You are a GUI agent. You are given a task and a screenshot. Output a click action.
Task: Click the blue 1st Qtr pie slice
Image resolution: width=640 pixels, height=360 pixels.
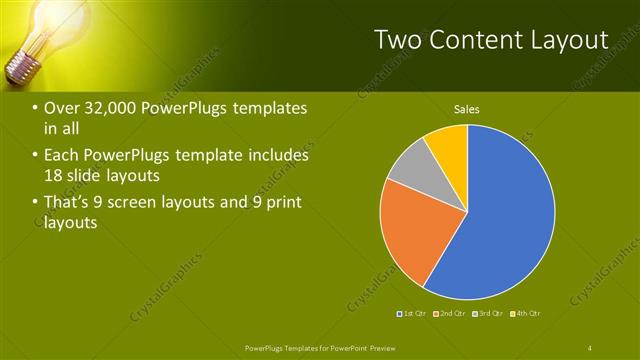click(x=505, y=215)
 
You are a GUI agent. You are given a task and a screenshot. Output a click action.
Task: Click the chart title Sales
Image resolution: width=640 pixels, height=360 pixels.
click(x=467, y=109)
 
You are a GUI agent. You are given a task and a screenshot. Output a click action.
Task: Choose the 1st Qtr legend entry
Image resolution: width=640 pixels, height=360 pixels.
click(x=413, y=313)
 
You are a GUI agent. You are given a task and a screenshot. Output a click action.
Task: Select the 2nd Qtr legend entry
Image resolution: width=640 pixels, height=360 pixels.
click(x=451, y=313)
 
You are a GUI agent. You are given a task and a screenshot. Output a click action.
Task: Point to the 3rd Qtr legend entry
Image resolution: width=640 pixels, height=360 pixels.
click(x=488, y=313)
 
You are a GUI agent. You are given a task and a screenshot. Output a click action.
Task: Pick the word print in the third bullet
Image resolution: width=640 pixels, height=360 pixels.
click(x=282, y=203)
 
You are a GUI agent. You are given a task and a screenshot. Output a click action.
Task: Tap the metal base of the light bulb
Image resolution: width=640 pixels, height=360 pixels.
click(x=21, y=69)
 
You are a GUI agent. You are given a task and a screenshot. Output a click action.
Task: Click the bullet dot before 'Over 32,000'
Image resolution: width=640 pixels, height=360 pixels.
click(x=36, y=109)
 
